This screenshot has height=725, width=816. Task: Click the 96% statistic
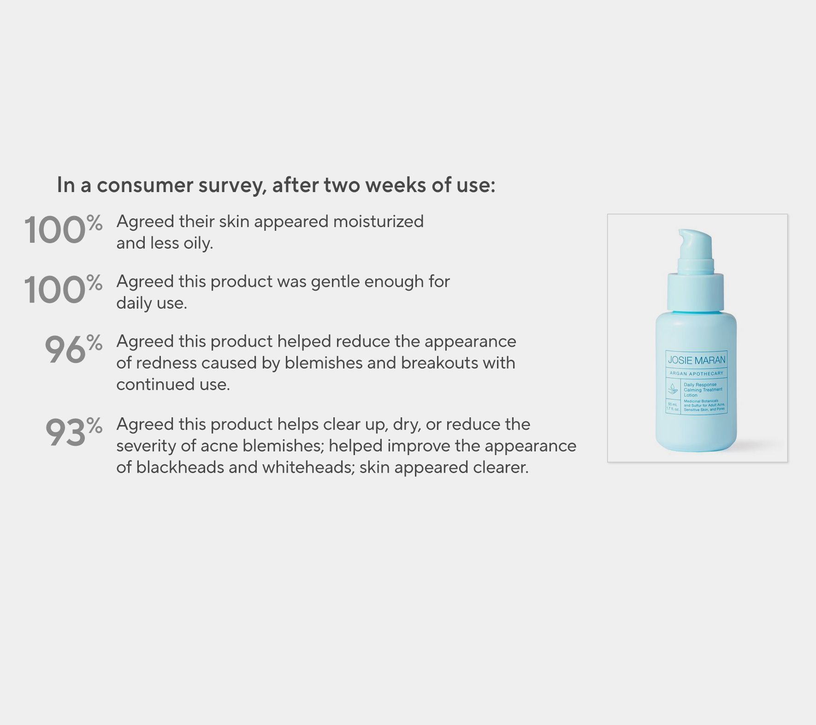73,350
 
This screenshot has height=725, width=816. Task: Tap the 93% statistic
73,433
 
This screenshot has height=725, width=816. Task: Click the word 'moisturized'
378,222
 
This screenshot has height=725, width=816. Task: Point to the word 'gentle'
335,281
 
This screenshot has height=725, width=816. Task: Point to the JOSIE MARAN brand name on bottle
696,360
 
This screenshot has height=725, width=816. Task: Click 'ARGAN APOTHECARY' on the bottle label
696,373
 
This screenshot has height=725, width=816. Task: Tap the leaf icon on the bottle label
673,389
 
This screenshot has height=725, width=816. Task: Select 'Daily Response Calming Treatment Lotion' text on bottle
702,390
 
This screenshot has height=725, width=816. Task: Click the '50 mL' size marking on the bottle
673,404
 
